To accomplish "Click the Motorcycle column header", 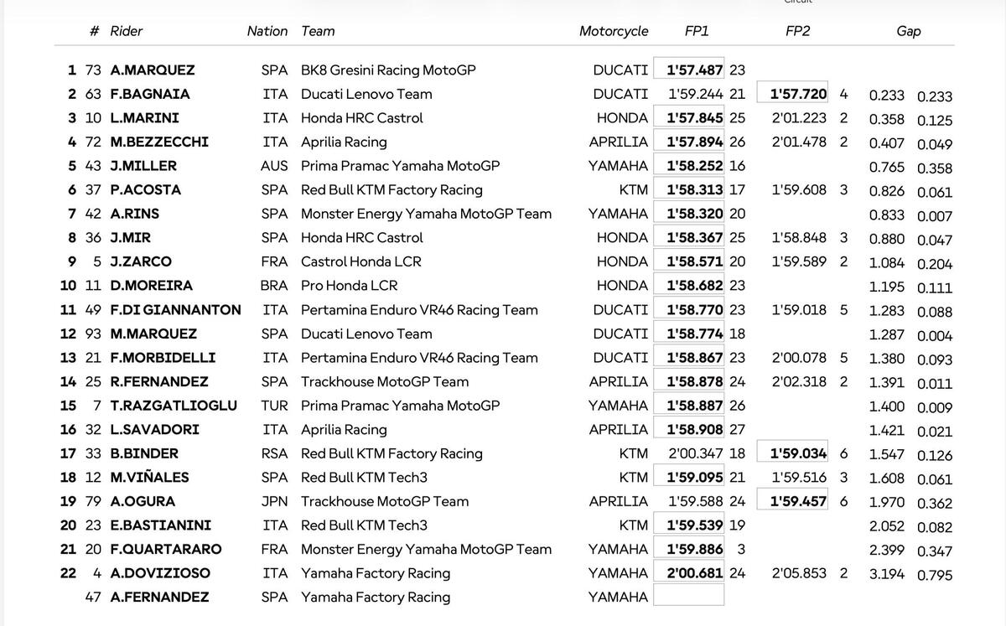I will click(614, 31).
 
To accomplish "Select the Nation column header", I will click(267, 31).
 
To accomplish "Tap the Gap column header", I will click(908, 31).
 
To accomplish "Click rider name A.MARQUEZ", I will click(152, 70).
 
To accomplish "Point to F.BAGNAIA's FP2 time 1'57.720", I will click(798, 95).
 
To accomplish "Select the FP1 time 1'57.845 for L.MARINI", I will click(695, 118).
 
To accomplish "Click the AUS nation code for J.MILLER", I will click(274, 166).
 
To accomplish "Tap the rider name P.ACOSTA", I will click(145, 190).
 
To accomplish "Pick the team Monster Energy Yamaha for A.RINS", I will click(426, 214).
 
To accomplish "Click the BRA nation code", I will click(274, 286).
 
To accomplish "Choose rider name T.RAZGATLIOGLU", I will click(174, 406).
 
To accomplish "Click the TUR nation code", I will click(274, 406).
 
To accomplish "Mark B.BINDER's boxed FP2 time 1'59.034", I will click(798, 453).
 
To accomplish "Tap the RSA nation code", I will click(274, 453).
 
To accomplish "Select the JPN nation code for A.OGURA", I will click(274, 501).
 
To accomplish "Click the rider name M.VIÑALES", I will click(149, 478).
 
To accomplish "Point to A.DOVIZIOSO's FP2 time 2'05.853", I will click(800, 573).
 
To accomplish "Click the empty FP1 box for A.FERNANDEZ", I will click(688, 596).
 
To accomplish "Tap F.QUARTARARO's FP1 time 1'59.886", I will click(695, 550).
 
